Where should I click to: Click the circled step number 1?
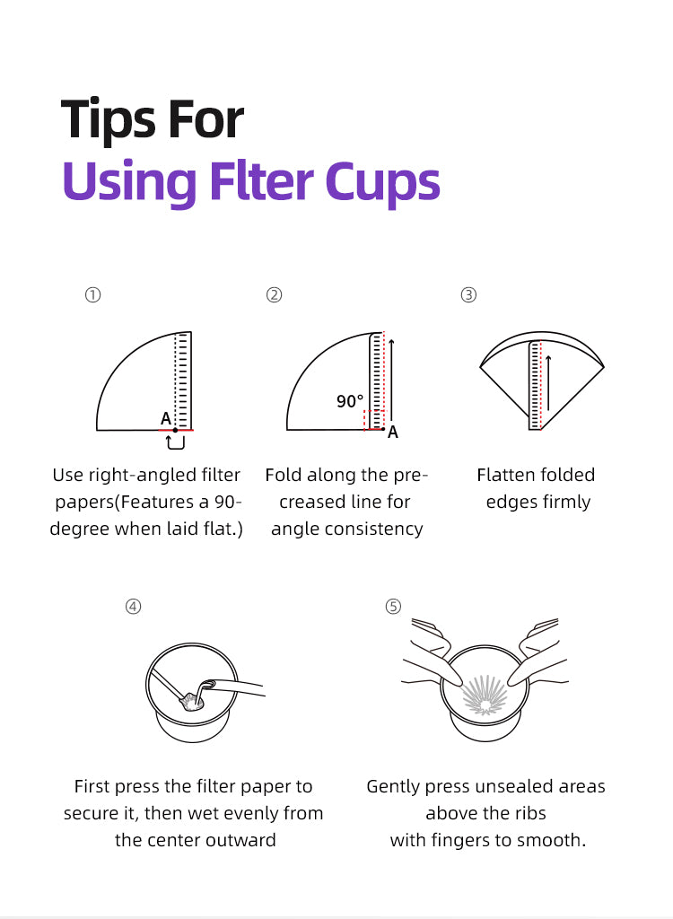point(92,294)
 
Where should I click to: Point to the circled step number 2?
point(275,294)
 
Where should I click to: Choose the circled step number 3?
point(468,294)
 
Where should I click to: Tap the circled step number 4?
point(133,606)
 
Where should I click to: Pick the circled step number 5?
point(393,606)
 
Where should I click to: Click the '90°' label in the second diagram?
point(350,402)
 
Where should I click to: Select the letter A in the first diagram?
point(165,418)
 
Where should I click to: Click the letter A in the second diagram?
point(393,433)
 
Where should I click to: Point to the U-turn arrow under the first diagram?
point(176,442)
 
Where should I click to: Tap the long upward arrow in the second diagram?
point(392,377)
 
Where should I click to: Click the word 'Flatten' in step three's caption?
point(507,475)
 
